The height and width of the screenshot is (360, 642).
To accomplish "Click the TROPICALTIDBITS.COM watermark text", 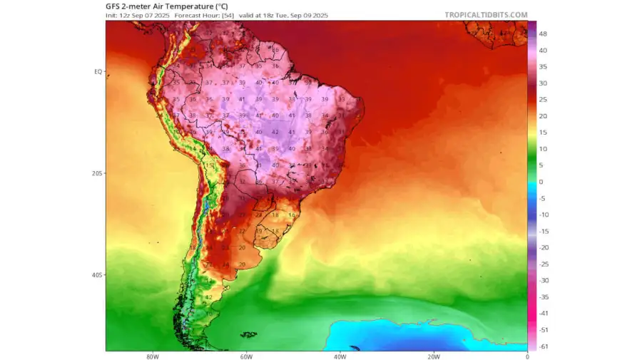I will coord(486,14).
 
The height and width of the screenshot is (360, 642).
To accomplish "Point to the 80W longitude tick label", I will coord(152,356).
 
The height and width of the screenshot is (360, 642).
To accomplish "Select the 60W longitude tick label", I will coord(246,356).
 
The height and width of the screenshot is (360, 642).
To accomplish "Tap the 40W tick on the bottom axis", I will coord(340,356).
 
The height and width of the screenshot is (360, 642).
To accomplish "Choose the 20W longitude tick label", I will coord(433,356).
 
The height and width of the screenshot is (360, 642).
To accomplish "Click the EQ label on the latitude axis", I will coord(98,71).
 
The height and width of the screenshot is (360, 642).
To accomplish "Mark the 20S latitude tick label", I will coord(98,173).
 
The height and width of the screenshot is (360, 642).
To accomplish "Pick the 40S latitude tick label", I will coord(98,274).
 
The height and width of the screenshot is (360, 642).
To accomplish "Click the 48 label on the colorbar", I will coord(543,34).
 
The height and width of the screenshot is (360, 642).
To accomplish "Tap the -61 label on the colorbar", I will coord(543,346).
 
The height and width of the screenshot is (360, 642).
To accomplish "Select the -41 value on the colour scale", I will coord(543,313).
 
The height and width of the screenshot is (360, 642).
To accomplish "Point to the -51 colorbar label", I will coord(543,329).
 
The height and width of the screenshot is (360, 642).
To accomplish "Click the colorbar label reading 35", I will coord(543,66).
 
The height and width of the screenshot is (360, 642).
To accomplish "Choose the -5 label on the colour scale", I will coord(542,198).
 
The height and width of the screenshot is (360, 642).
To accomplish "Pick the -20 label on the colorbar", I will coord(543,247).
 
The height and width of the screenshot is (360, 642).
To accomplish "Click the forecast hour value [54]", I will coord(228,15).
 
